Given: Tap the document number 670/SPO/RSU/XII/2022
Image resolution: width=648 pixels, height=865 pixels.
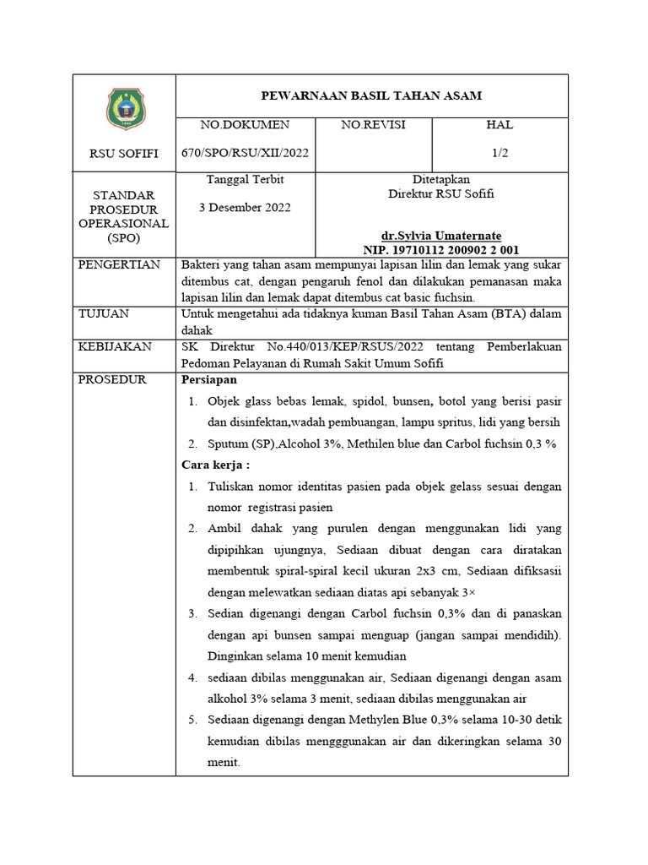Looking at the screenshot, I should click(x=245, y=153).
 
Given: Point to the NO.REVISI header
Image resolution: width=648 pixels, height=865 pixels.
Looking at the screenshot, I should click(x=373, y=125).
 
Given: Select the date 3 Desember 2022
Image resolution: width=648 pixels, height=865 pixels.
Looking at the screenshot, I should click(x=245, y=208).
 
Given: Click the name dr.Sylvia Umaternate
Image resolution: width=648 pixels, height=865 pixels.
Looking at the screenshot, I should click(x=441, y=236).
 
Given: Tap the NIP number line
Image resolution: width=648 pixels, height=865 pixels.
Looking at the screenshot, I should click(x=441, y=249).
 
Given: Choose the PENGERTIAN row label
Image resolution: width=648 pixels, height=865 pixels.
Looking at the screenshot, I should click(x=119, y=265).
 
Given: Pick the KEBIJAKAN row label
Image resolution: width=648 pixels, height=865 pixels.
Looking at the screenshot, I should click(x=114, y=346).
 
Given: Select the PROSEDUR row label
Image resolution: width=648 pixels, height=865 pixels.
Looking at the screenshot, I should click(x=112, y=379).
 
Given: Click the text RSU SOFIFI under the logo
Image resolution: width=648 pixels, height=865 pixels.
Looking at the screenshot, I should click(x=124, y=154).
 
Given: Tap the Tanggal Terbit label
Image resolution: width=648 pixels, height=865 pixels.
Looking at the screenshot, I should click(x=245, y=180).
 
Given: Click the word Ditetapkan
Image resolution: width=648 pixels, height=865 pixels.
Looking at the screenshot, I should click(x=441, y=180).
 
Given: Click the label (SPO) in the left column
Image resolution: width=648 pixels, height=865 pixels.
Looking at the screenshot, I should click(x=124, y=237).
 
